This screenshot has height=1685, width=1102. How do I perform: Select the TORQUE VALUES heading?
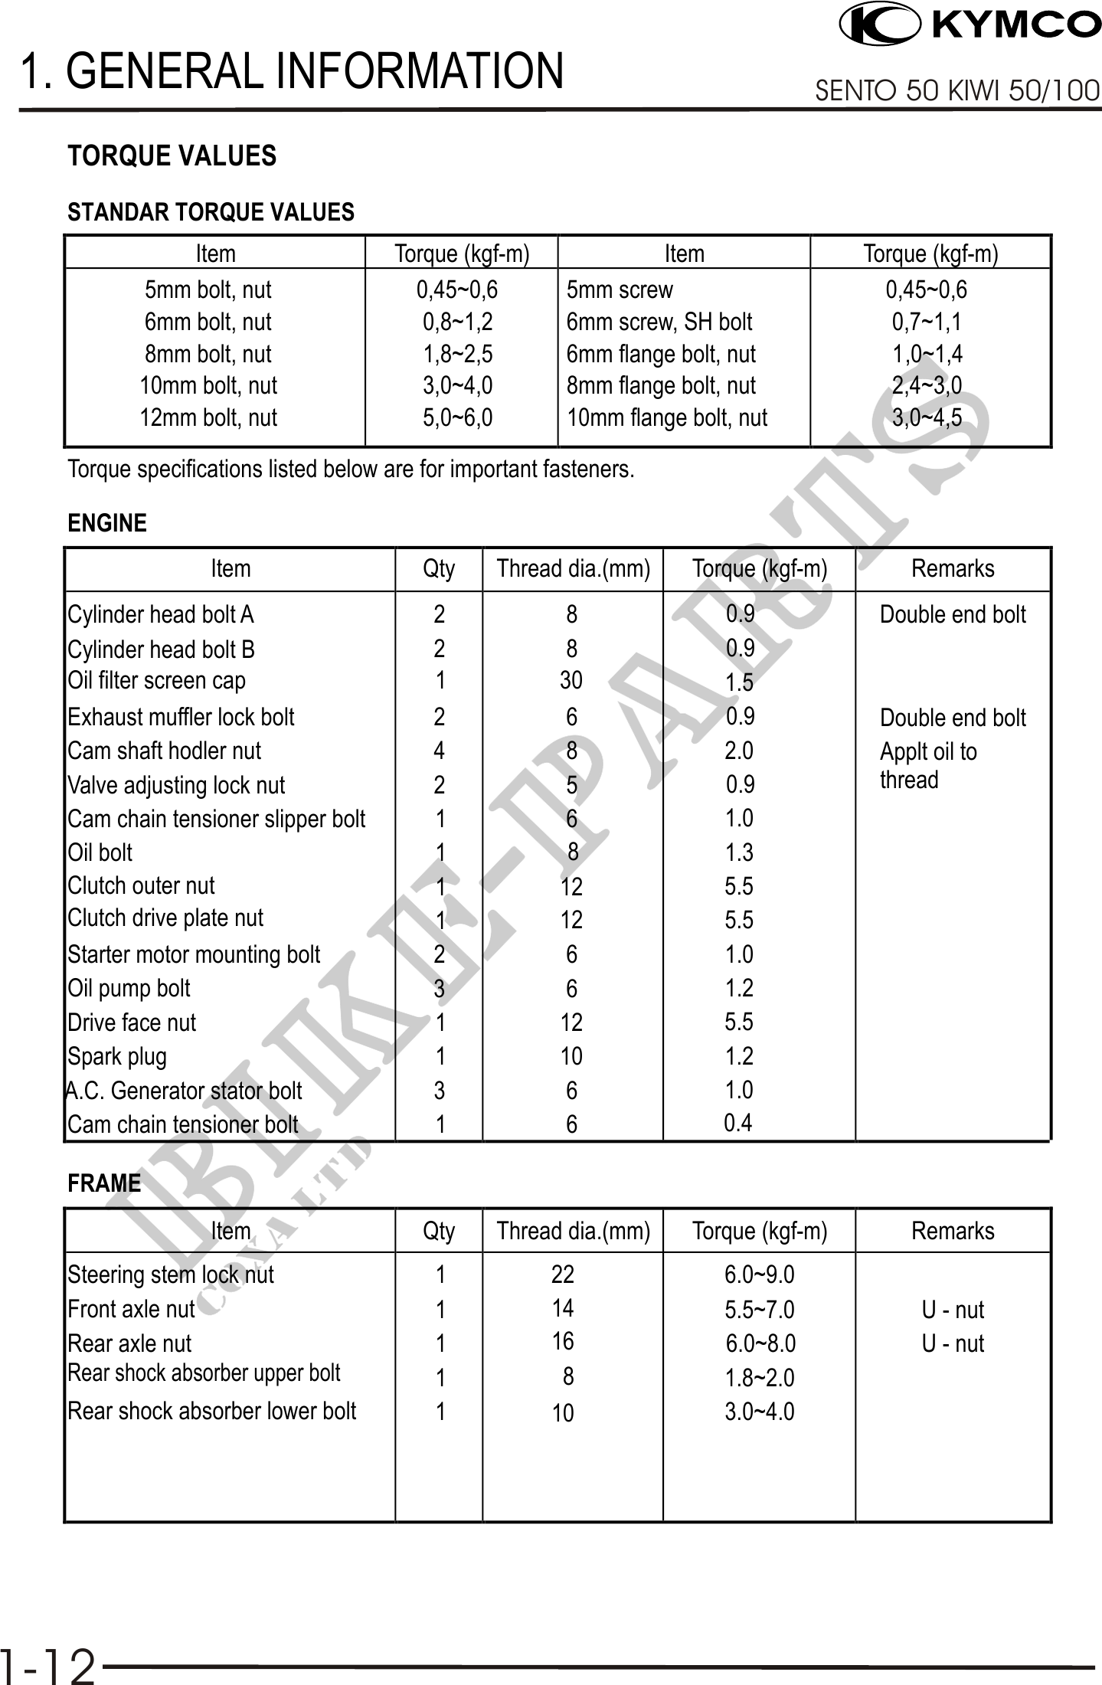click(x=172, y=156)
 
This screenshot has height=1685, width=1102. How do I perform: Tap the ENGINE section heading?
click(x=106, y=524)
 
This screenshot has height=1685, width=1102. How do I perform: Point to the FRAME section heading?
click(x=104, y=1183)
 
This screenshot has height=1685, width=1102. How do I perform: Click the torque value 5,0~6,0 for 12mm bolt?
click(x=458, y=417)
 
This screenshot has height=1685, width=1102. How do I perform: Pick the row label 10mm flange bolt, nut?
click(x=666, y=417)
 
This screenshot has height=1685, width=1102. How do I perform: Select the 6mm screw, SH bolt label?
click(x=659, y=322)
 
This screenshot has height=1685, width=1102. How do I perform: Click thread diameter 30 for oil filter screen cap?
click(x=571, y=680)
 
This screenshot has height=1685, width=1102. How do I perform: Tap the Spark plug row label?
click(x=117, y=1057)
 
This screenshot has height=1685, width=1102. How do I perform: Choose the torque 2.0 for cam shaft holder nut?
click(x=739, y=751)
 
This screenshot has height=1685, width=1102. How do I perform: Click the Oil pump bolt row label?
click(x=129, y=989)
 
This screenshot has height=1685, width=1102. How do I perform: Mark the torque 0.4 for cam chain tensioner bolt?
click(x=738, y=1123)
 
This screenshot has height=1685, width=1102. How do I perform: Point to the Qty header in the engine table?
click(x=439, y=568)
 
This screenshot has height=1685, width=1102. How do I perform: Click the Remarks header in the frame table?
click(x=953, y=1231)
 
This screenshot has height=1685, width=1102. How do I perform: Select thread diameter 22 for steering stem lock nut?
click(x=563, y=1274)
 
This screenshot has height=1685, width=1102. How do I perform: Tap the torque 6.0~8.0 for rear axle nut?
click(x=760, y=1343)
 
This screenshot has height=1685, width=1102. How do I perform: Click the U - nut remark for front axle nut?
click(x=953, y=1310)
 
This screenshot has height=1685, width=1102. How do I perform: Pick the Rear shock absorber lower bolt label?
click(x=211, y=1411)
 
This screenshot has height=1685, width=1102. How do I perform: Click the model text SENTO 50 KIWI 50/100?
click(x=957, y=91)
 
